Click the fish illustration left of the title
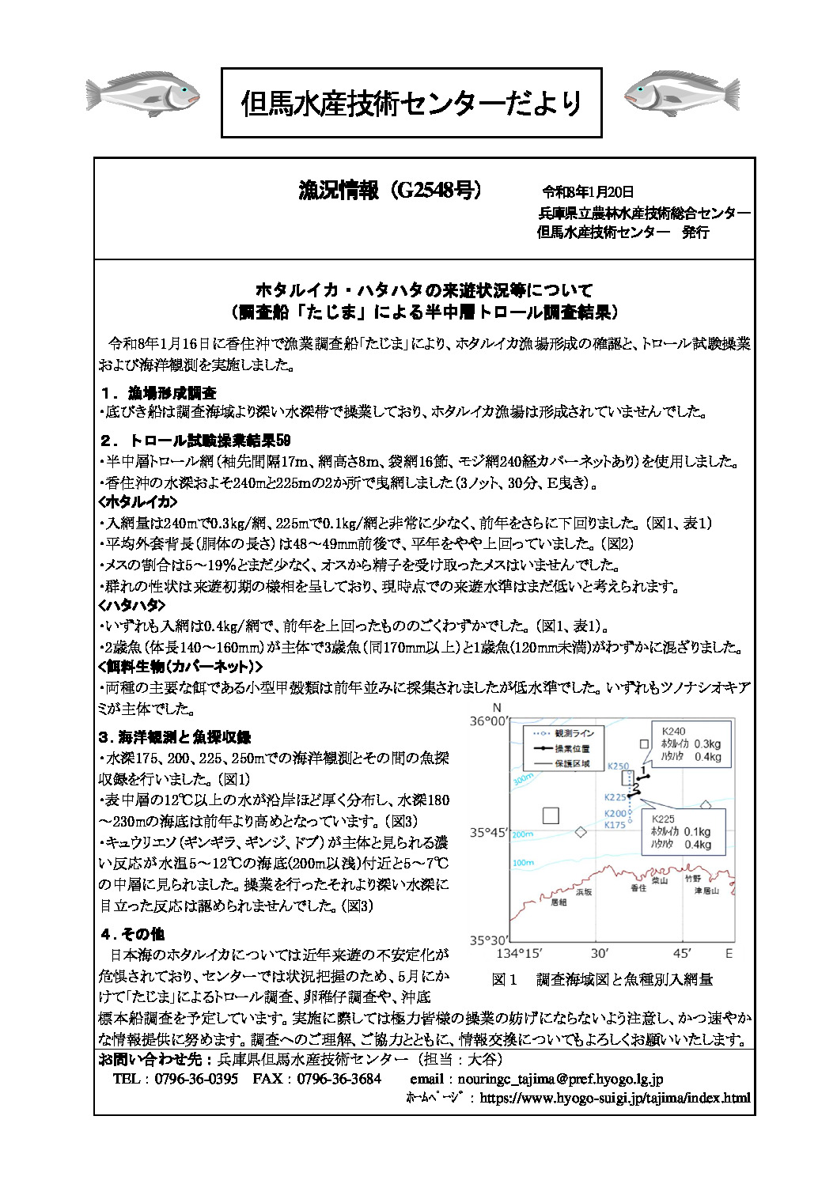click(142, 95)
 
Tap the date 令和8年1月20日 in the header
click(588, 192)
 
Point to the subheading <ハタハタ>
click(131, 605)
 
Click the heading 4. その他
click(132, 934)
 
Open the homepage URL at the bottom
click(615, 1098)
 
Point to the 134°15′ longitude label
click(519, 954)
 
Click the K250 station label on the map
click(618, 766)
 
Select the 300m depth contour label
click(524, 779)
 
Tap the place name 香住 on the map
click(638, 888)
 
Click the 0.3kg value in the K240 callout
click(707, 744)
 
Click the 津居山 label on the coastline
click(706, 891)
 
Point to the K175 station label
click(615, 825)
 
